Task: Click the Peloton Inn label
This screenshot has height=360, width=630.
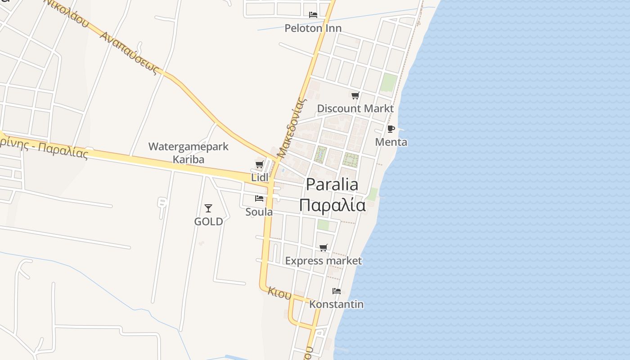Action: [x=313, y=28]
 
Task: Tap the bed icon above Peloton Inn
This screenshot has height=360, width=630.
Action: [x=313, y=15]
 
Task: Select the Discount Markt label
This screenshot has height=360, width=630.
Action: [x=355, y=108]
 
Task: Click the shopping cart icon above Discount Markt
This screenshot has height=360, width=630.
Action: [x=355, y=95]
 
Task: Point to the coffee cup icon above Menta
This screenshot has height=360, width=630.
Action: [x=391, y=129]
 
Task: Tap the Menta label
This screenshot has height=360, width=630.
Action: [x=391, y=142]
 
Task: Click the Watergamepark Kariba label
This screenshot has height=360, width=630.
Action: [x=189, y=153]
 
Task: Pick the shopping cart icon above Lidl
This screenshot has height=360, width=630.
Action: [x=259, y=164]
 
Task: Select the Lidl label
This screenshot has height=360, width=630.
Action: [x=259, y=177]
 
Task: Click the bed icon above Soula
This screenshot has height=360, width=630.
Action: [x=259, y=198]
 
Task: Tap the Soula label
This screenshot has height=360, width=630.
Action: [x=259, y=211]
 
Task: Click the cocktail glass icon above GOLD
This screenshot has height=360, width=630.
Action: [x=208, y=208]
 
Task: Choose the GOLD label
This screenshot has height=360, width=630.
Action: [x=208, y=221]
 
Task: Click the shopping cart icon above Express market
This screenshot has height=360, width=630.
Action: [x=324, y=247]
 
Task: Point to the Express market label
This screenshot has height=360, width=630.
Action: [x=324, y=261]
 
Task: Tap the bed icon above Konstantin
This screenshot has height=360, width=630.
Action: [x=337, y=291]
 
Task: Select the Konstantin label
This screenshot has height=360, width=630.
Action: [x=337, y=304]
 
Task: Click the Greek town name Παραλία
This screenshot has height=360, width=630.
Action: [x=333, y=205]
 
